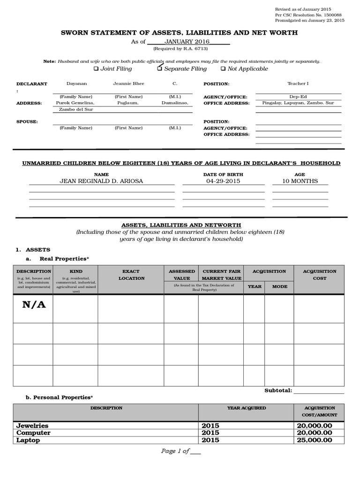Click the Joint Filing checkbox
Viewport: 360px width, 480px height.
click(x=96, y=69)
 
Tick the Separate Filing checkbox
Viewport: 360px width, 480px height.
click(x=159, y=69)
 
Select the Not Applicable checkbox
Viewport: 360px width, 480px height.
click(x=223, y=69)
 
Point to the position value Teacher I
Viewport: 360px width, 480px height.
click(x=298, y=83)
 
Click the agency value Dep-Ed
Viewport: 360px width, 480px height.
click(x=298, y=97)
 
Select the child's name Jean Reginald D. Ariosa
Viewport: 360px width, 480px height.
click(x=101, y=181)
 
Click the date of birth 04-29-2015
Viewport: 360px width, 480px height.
click(x=223, y=181)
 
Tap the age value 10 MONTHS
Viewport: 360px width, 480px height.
click(x=300, y=181)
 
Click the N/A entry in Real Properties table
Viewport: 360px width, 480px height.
click(x=34, y=305)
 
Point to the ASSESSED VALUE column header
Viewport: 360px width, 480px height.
click(x=181, y=275)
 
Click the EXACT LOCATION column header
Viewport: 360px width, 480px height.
click(x=131, y=275)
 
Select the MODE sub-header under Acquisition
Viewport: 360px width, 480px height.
click(x=279, y=286)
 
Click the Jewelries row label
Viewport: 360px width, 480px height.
click(x=32, y=426)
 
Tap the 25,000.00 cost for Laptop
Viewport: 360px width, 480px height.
click(x=314, y=440)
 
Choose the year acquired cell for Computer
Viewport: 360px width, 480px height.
click(x=210, y=433)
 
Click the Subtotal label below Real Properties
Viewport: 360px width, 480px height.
click(x=278, y=390)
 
